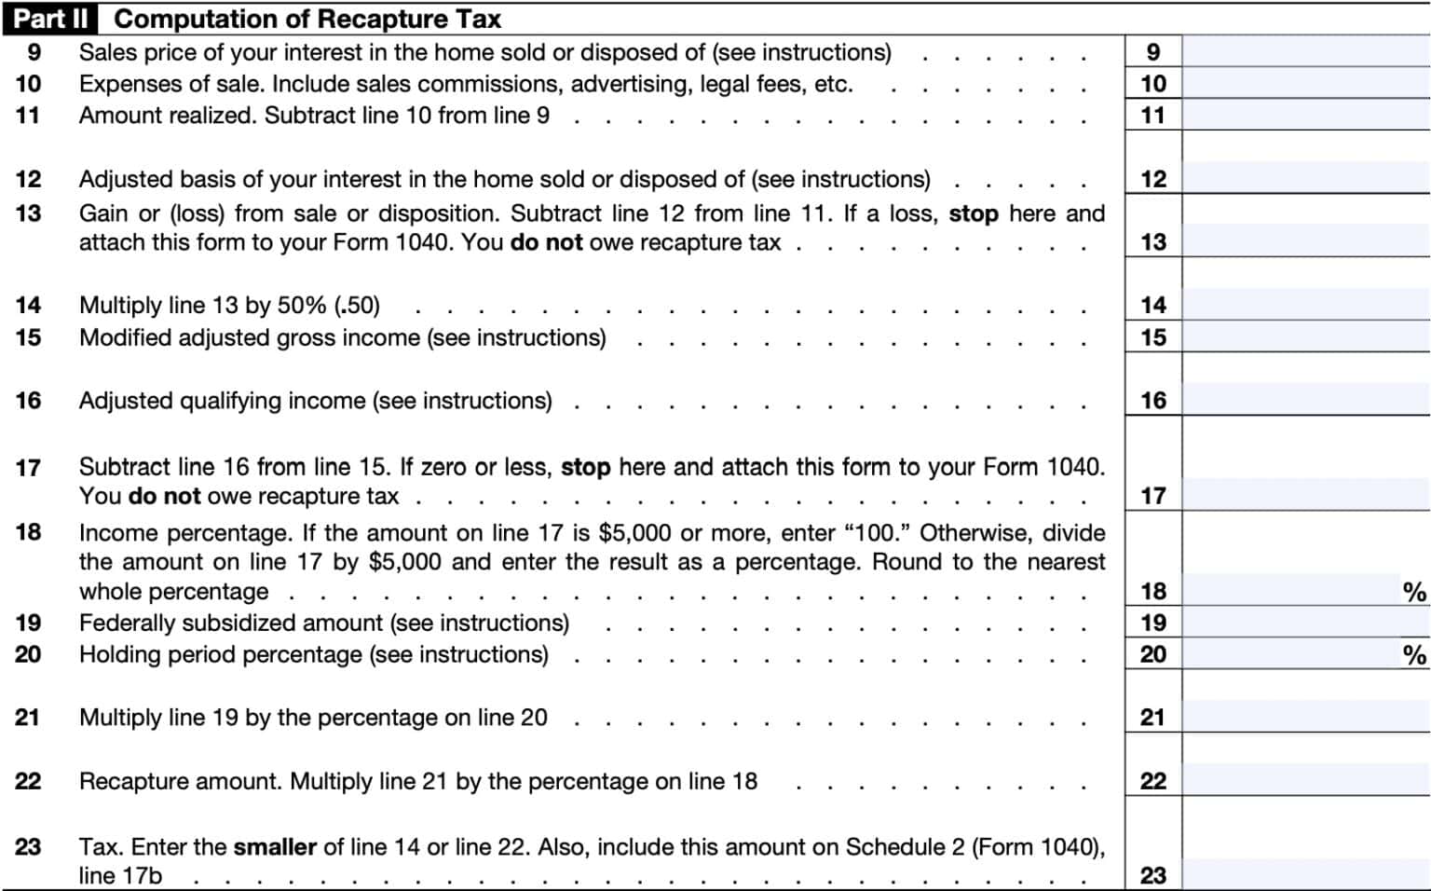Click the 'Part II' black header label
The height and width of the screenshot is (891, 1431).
[x=50, y=19]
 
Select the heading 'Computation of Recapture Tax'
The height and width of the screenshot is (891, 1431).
[x=307, y=19]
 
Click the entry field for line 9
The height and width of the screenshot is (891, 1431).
[x=1305, y=52]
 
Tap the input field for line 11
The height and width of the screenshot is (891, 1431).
[x=1305, y=116]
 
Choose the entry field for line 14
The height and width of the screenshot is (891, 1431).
[x=1305, y=305]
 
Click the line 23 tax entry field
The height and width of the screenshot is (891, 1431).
[x=1305, y=874]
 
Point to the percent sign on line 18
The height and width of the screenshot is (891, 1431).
[x=1413, y=592]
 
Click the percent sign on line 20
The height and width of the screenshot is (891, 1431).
[x=1413, y=655]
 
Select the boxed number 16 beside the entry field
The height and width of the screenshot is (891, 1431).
[x=1153, y=401]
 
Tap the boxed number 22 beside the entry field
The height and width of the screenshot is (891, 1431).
[x=1153, y=781]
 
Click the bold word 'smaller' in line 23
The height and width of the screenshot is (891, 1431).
[x=275, y=847]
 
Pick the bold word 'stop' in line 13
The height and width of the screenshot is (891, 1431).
[x=973, y=213]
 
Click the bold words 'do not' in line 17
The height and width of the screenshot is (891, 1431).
[x=164, y=496]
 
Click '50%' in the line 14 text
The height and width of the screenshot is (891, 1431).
[x=302, y=306]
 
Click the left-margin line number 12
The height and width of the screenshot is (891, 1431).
[x=28, y=179]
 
